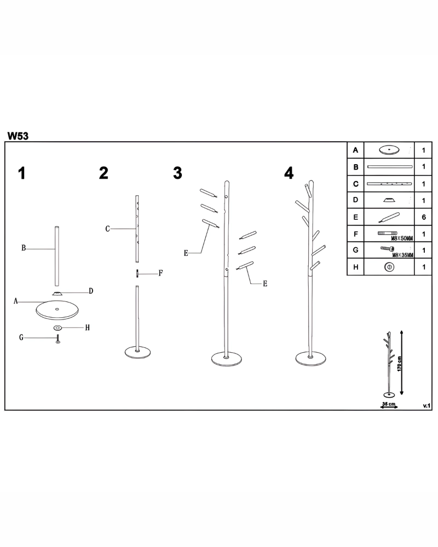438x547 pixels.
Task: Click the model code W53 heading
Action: click(18, 136)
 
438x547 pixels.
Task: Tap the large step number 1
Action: click(22, 173)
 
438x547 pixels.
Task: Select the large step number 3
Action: click(177, 173)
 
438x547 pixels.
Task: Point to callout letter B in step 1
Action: click(24, 248)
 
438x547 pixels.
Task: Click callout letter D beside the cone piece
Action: click(91, 291)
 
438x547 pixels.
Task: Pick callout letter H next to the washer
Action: click(87, 328)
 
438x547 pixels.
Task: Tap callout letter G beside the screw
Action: click(21, 337)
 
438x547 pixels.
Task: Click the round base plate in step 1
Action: click(57, 310)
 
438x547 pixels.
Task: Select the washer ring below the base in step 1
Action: click(57, 328)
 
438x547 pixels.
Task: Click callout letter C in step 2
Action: click(107, 229)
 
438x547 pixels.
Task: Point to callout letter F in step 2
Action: click(160, 273)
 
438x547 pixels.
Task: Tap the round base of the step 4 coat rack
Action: click(310, 359)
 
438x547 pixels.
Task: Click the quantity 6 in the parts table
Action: click(424, 217)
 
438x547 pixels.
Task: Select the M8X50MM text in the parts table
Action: click(402, 238)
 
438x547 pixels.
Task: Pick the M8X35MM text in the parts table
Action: click(403, 255)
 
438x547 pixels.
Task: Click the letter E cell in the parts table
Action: click(355, 217)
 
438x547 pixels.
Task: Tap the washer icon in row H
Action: click(389, 267)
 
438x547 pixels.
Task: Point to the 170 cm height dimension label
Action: click(400, 364)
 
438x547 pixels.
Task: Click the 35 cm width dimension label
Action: click(389, 404)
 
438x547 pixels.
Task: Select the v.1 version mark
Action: click(427, 406)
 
